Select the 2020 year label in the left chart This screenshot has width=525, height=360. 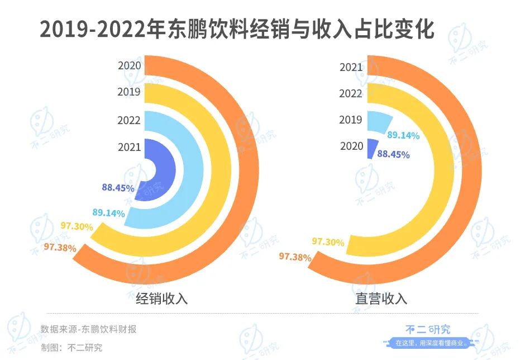(129, 65)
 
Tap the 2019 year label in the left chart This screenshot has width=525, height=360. (129, 92)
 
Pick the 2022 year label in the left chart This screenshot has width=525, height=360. (129, 120)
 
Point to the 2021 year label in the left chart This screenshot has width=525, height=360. (129, 147)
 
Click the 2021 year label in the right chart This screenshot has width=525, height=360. (351, 68)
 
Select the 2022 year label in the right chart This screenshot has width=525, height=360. (351, 93)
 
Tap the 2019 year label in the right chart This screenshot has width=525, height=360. (351, 120)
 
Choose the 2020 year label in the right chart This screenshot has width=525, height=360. (351, 146)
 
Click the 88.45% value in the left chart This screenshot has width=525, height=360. (118, 188)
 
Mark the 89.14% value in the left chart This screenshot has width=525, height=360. (108, 212)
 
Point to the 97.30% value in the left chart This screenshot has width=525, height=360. (77, 226)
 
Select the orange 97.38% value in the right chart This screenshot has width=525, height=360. (295, 257)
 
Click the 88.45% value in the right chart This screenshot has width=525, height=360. (393, 154)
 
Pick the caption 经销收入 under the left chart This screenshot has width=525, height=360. (162, 299)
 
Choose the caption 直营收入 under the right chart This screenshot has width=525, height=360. (381, 299)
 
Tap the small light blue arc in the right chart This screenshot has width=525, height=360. (378, 122)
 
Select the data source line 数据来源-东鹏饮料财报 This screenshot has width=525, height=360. (88, 329)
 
